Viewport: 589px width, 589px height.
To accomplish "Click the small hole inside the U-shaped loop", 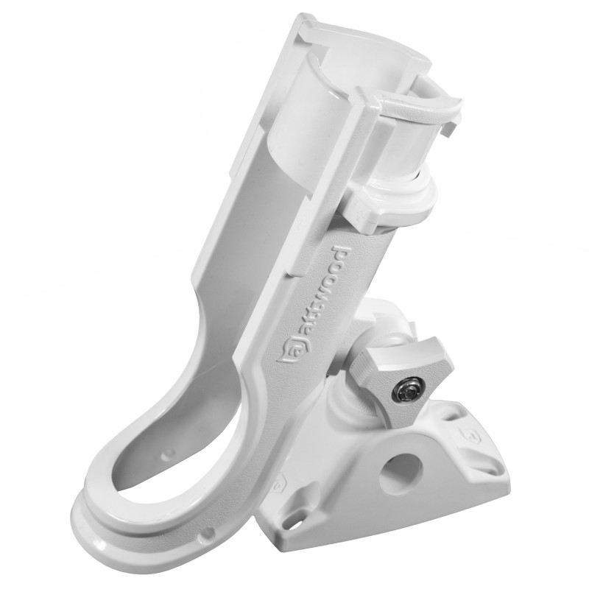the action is click(x=168, y=454).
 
